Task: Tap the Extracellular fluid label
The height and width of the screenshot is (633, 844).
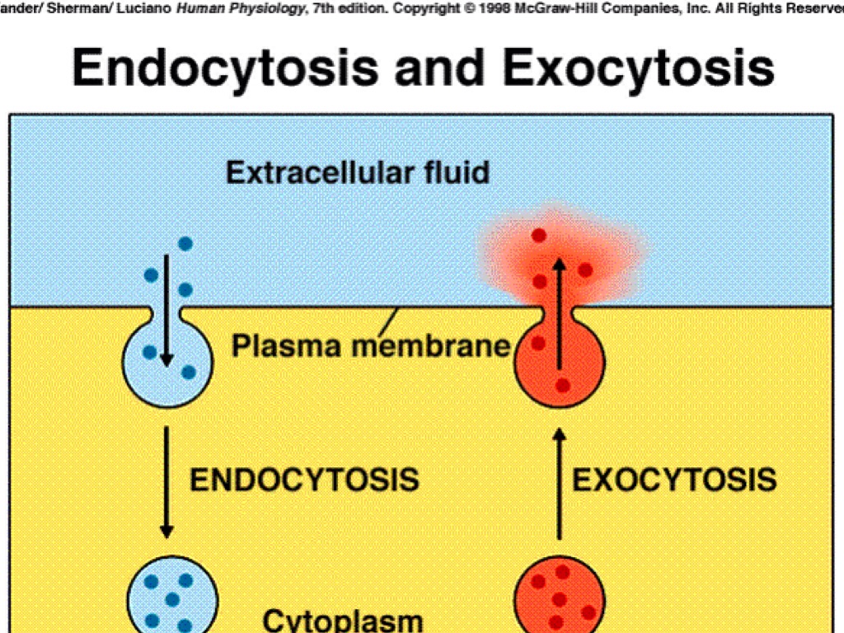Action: [358, 173]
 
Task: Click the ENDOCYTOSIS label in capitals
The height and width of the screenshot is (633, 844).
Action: [304, 480]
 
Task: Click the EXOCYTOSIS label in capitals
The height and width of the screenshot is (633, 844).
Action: [674, 480]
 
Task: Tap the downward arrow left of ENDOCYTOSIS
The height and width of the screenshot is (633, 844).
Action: [166, 481]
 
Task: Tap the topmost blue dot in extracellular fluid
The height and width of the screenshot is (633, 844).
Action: [185, 244]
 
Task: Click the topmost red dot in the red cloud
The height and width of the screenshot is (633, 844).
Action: [539, 236]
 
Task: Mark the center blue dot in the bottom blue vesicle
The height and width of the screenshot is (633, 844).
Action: [172, 599]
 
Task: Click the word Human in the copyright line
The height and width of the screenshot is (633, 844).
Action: [200, 8]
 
